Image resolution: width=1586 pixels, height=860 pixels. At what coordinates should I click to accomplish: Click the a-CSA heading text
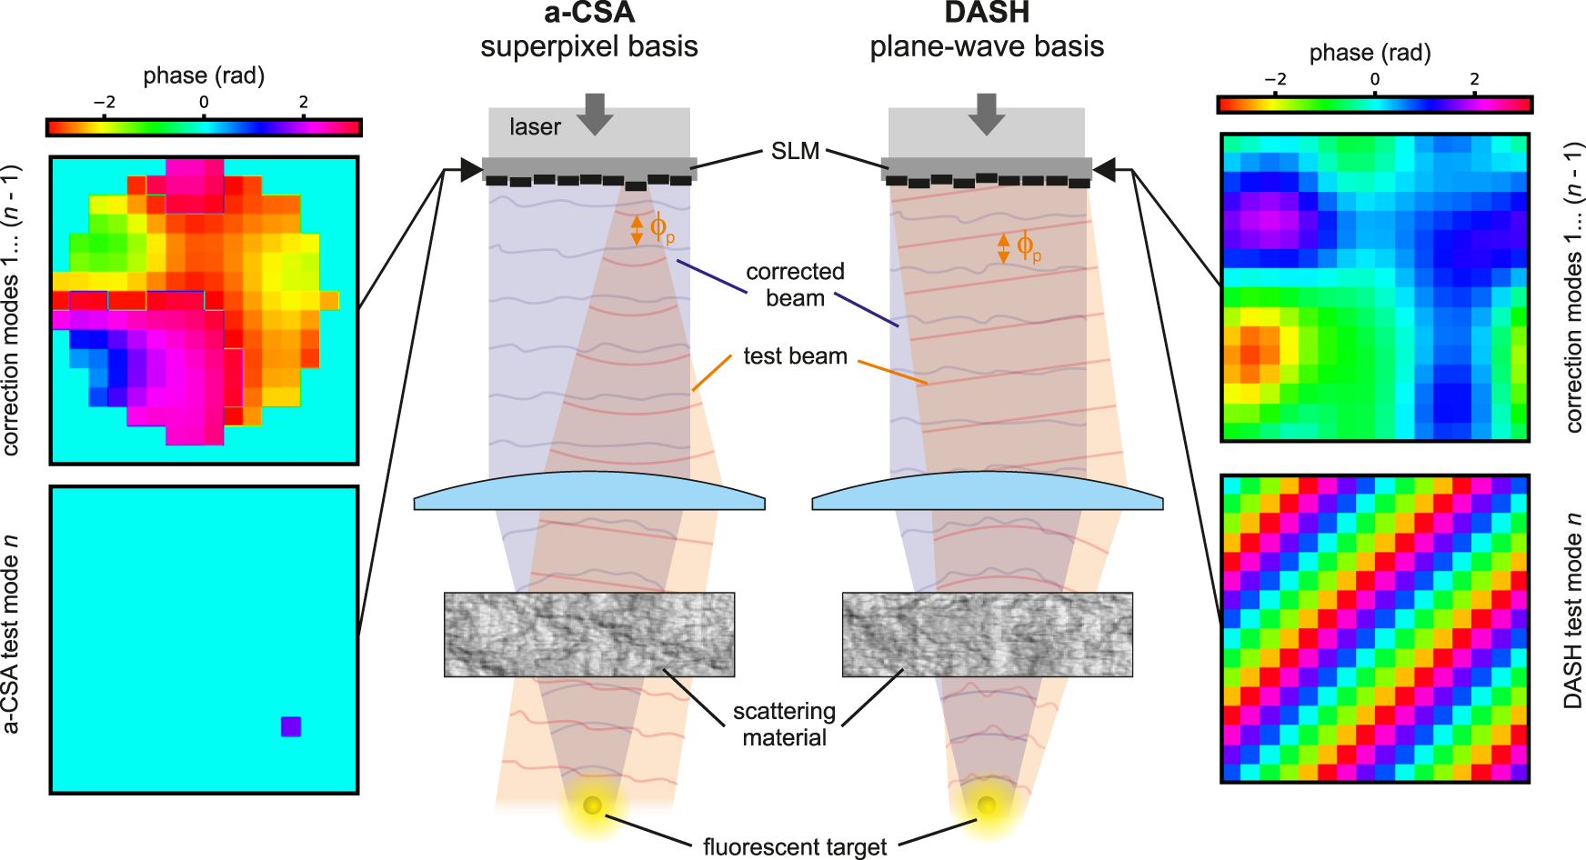pyautogui.click(x=588, y=13)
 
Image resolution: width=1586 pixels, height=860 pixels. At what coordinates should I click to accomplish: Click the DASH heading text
pyautogui.click(x=987, y=13)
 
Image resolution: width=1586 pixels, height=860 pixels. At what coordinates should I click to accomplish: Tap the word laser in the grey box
pyautogui.click(x=535, y=127)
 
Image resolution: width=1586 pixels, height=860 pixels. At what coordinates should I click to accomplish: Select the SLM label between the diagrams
pyautogui.click(x=795, y=151)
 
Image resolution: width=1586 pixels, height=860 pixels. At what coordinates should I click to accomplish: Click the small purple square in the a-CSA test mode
pyautogui.click(x=291, y=726)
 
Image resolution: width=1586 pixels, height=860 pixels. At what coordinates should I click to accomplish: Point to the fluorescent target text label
pyautogui.click(x=794, y=846)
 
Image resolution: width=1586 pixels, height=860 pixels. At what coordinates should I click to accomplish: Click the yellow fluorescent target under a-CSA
pyautogui.click(x=592, y=805)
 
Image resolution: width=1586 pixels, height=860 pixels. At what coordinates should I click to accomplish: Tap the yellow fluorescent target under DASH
pyautogui.click(x=987, y=805)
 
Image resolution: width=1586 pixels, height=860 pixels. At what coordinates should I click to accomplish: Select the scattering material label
pyautogui.click(x=784, y=724)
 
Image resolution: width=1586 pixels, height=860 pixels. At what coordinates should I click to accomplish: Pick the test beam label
pyautogui.click(x=795, y=356)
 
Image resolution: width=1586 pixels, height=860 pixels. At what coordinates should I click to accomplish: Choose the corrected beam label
pyautogui.click(x=795, y=285)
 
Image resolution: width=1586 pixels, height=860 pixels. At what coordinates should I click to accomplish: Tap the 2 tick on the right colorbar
pyautogui.click(x=1474, y=79)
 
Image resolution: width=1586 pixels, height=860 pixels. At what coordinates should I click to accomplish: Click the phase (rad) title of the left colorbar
pyautogui.click(x=204, y=75)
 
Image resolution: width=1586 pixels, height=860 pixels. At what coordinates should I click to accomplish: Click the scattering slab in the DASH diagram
pyautogui.click(x=988, y=635)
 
